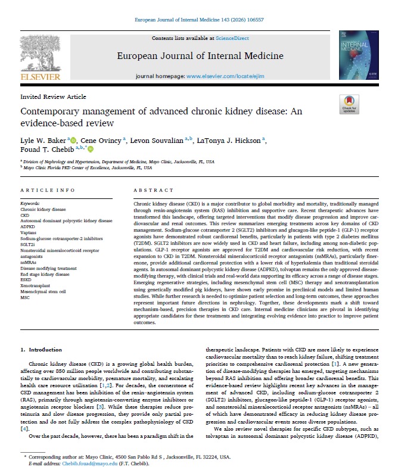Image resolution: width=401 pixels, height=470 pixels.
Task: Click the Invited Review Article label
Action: pos(53,97)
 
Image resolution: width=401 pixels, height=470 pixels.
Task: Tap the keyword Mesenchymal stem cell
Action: pos(43,292)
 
